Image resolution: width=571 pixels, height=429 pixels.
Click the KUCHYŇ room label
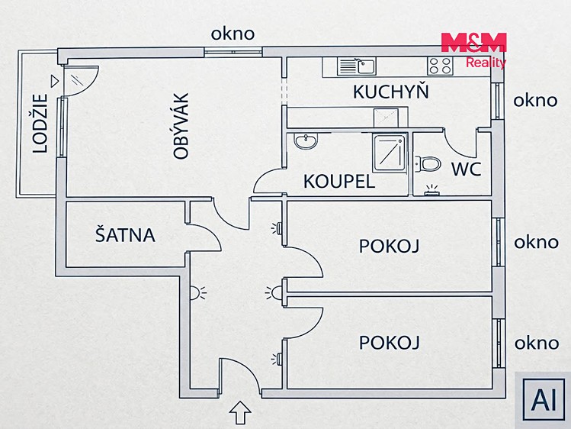[x=391, y=91]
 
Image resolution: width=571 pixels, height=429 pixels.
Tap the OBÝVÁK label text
[x=181, y=126]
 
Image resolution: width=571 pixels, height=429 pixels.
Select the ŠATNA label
[x=125, y=235]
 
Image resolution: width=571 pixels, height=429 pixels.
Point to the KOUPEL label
[x=339, y=181]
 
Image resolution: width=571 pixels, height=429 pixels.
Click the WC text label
[x=467, y=169]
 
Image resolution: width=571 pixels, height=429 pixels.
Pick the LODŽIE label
[x=40, y=124]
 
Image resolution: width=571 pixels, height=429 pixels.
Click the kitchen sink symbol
[x=357, y=66]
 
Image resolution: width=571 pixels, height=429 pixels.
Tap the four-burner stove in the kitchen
[x=440, y=66]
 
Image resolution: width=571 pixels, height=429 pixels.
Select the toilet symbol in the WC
[x=428, y=163]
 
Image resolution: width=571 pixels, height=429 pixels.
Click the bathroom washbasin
[x=306, y=141]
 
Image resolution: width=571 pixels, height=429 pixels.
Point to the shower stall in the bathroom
[x=390, y=153]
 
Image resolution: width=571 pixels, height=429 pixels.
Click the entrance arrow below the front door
[x=240, y=412]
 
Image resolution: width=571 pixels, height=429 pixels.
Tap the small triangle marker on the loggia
[x=54, y=81]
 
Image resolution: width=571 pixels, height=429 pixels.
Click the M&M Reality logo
[x=473, y=50]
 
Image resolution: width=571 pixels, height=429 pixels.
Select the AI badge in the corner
[x=544, y=400]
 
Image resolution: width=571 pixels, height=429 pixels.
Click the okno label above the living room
[x=233, y=34]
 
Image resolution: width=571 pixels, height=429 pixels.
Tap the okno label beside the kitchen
[x=535, y=100]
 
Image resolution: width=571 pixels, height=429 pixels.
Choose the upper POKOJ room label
[x=390, y=246]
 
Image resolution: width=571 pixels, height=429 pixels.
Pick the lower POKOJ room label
[x=390, y=343]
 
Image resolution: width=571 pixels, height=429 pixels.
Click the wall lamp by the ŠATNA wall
[x=197, y=293]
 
